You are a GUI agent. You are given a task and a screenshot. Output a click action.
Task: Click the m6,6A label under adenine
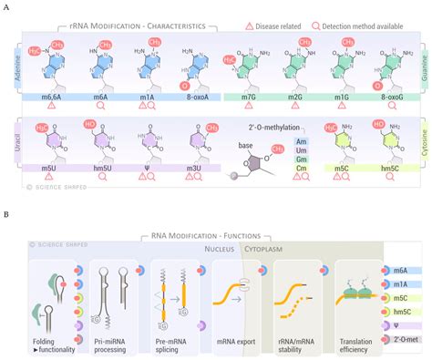coord(50,94)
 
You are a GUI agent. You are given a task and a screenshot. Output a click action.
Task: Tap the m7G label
coord(249,94)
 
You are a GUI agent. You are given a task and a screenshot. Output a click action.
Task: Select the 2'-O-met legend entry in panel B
coord(407,341)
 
